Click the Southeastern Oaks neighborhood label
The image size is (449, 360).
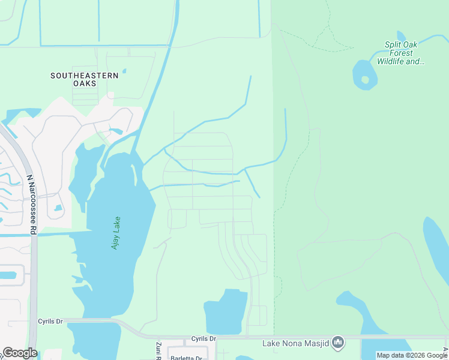pos(85,79)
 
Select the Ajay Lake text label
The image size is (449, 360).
pos(115,232)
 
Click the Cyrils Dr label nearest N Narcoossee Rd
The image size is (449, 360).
pos(50,322)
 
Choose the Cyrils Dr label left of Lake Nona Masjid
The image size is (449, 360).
pos(203,339)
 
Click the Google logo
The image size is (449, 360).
pos(20,353)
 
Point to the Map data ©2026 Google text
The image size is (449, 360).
pos(412,355)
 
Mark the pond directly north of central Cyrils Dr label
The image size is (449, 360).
pos(226,312)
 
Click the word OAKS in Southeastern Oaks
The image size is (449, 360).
pos(85,84)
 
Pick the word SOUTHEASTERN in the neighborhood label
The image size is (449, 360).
pos(85,76)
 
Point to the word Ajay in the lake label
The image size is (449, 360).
pos(115,241)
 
